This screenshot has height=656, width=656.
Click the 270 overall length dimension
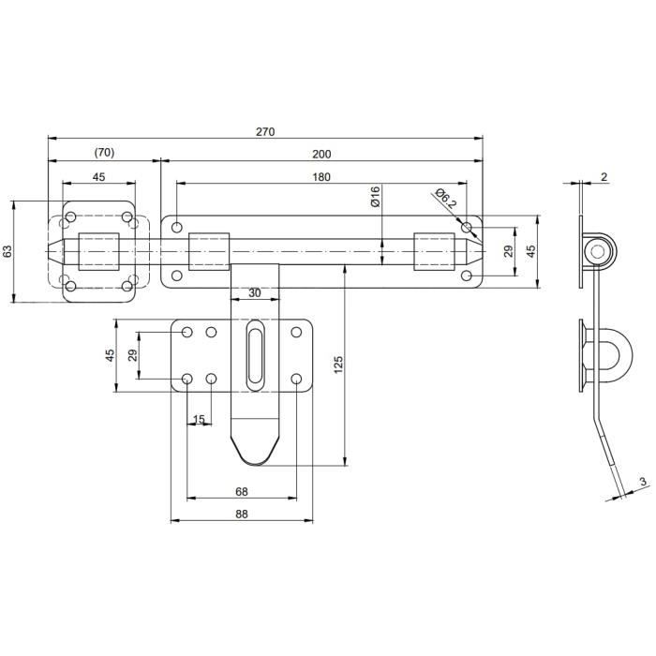(265, 131)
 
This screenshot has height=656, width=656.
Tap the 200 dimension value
(321, 154)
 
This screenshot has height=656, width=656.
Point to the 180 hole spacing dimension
(321, 176)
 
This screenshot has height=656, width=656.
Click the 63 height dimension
(8, 251)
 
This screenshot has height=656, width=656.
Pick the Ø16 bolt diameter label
(374, 197)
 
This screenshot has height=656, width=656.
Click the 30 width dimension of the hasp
(255, 293)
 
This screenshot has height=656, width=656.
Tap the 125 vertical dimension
(338, 364)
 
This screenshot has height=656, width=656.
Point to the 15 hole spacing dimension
(199, 419)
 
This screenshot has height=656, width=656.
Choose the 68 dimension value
(241, 491)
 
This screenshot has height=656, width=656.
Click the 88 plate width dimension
(241, 514)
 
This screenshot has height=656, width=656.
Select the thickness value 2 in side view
(604, 176)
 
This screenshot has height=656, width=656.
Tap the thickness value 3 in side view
(643, 482)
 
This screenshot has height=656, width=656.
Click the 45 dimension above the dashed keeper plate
(98, 176)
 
